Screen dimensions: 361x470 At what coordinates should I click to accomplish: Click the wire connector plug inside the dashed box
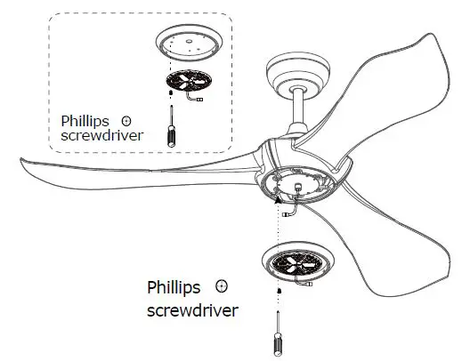coord(203,99)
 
